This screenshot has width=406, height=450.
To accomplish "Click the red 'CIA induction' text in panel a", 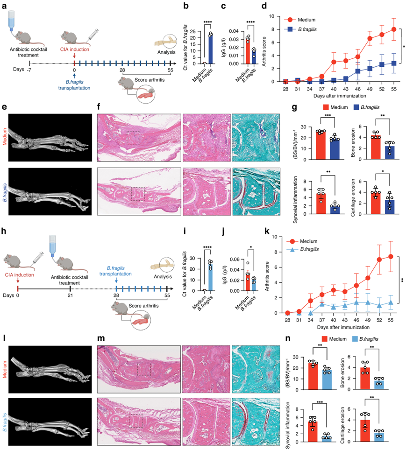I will pyautogui.click(x=74, y=49).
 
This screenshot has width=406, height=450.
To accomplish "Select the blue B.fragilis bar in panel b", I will pyautogui.click(x=210, y=49).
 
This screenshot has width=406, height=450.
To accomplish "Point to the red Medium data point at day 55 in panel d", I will pyautogui.click(x=394, y=29).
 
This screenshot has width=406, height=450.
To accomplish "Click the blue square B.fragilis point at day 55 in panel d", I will pyautogui.click(x=394, y=63).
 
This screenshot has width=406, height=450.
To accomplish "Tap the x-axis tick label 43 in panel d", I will pyautogui.click(x=346, y=88).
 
